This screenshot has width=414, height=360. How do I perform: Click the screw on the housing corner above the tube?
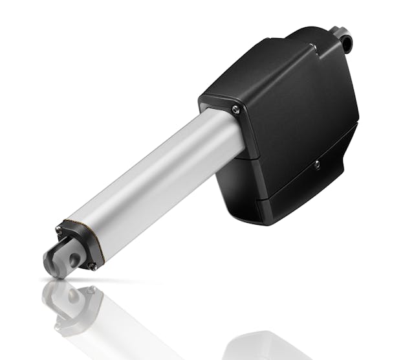coord(235,109)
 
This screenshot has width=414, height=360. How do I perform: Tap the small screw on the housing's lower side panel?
coord(317,164)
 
